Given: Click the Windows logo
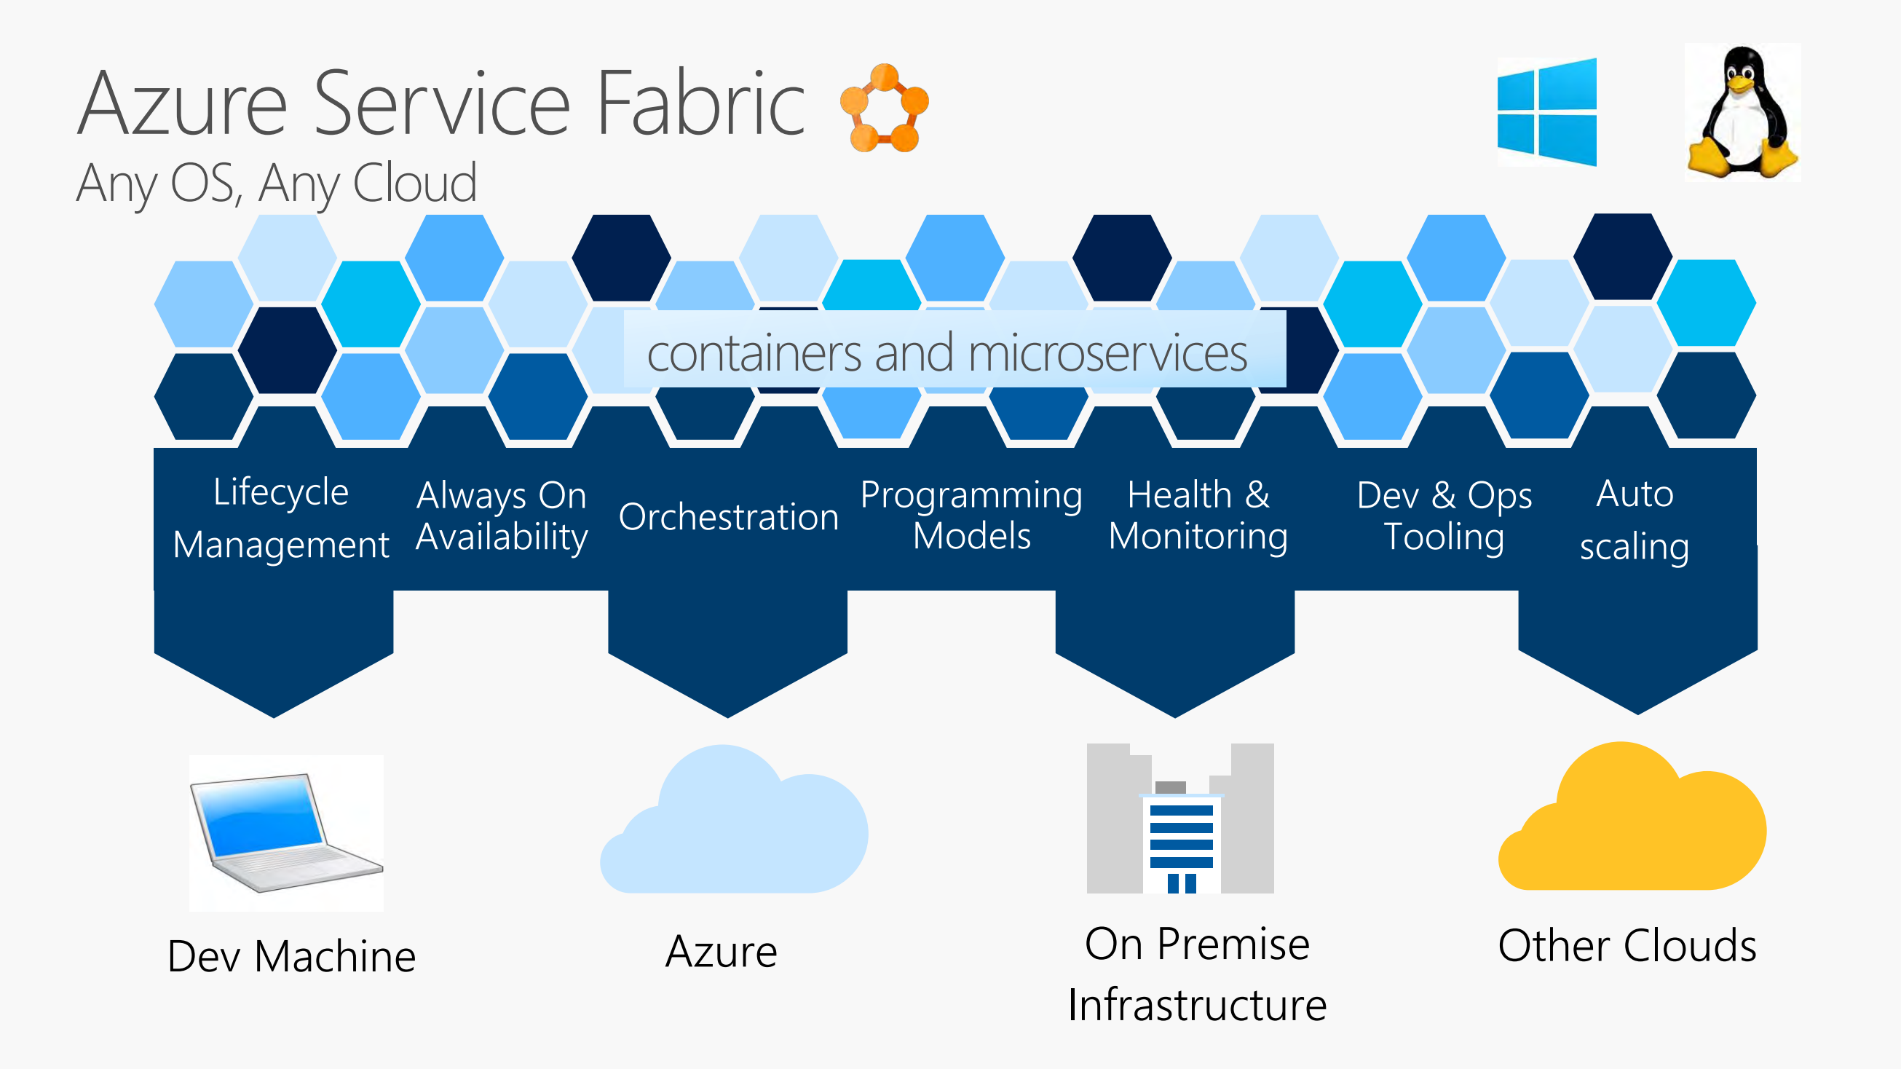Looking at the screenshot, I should [1546, 112].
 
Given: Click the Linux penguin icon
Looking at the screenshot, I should [1743, 112].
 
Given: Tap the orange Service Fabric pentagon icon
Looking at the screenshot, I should [884, 109].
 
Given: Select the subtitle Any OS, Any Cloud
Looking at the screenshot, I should [277, 183].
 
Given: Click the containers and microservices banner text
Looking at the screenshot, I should [946, 353].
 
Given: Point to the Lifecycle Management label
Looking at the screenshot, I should [280, 518].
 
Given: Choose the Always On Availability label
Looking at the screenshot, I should [502, 516].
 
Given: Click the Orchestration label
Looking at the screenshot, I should [728, 517].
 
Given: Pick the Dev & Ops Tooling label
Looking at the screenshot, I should [1444, 516].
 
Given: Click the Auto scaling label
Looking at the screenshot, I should [1635, 520].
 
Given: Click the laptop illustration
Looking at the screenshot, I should [285, 833].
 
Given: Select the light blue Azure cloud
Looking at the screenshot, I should [735, 831].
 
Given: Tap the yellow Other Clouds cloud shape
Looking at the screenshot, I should [1632, 827].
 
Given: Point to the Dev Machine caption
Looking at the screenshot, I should [291, 956].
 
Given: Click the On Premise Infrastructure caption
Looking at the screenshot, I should [1197, 974].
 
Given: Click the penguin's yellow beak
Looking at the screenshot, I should [1739, 84].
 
